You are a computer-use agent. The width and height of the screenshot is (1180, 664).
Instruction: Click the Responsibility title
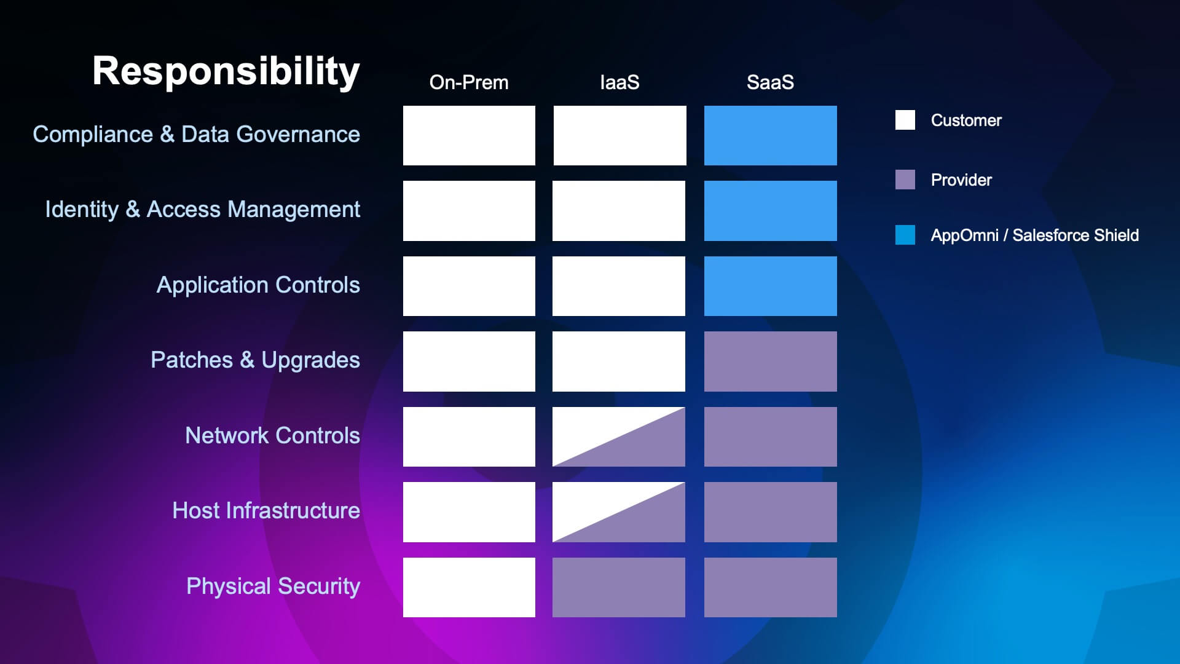point(226,71)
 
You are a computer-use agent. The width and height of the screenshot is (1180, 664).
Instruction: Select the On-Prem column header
point(469,82)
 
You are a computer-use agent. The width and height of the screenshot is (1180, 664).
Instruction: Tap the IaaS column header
point(619,82)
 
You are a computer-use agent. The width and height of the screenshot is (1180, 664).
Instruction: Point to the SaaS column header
point(770,82)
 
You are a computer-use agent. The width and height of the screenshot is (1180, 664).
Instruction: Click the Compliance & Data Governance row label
point(196,135)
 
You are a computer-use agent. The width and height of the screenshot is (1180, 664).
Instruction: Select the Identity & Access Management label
point(202,210)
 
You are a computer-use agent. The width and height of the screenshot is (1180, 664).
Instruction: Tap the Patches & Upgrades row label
point(255,360)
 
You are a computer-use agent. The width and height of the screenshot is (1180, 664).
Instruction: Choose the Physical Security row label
point(273,587)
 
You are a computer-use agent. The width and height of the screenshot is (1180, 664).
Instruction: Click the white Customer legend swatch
point(905,120)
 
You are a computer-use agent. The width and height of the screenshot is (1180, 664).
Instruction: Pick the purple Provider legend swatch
point(905,180)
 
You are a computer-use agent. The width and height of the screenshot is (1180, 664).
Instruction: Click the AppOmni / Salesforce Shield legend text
point(1034,235)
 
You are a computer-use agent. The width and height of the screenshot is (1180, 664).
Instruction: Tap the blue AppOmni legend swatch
point(905,235)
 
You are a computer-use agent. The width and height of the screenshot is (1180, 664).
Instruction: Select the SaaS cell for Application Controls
point(770,286)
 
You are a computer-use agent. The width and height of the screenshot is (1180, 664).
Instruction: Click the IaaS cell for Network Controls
point(619,437)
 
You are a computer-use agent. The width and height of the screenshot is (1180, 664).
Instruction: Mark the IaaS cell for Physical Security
point(619,587)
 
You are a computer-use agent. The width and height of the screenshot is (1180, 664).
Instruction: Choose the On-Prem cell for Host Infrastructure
point(469,512)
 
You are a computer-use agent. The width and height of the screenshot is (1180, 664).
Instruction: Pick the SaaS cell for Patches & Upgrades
point(770,362)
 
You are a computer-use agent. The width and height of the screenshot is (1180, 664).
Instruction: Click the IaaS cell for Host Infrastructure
point(619,512)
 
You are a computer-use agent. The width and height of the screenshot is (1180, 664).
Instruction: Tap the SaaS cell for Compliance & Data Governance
point(770,135)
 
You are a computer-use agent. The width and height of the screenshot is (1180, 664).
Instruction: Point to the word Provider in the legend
point(961,180)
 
